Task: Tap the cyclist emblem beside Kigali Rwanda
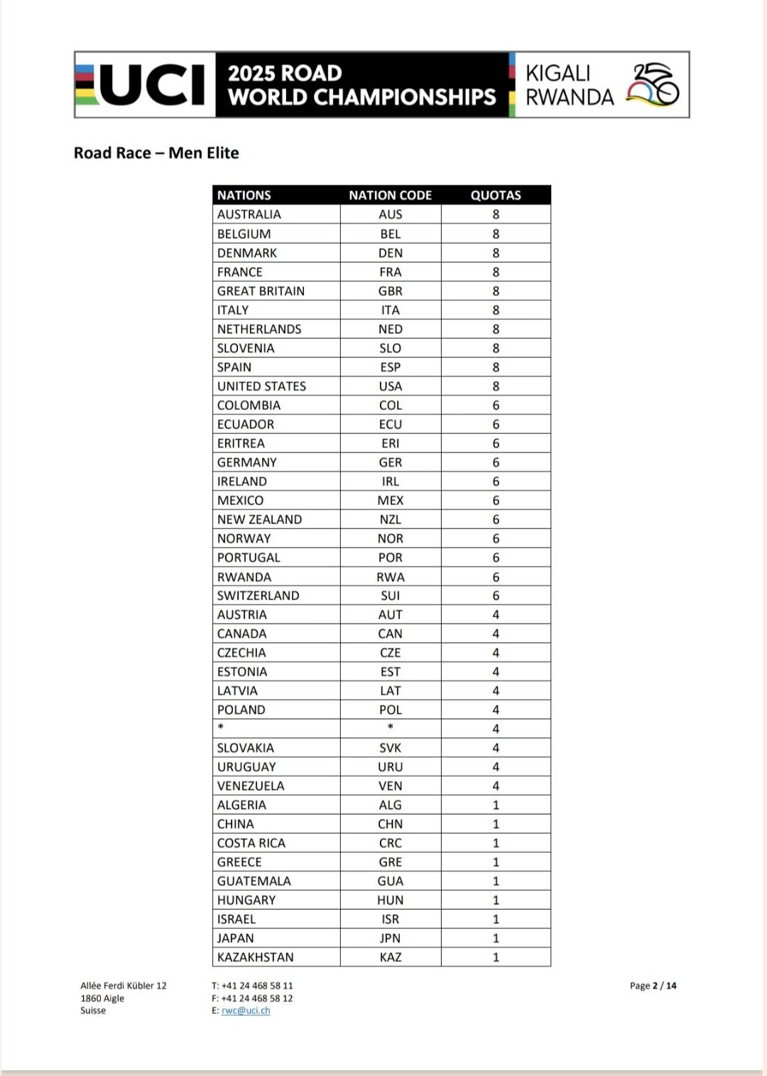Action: click(x=653, y=85)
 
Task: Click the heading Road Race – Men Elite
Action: click(x=156, y=153)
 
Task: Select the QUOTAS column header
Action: click(x=496, y=195)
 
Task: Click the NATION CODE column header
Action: click(x=390, y=195)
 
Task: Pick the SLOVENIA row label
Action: click(x=246, y=348)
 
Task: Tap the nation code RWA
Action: click(x=391, y=577)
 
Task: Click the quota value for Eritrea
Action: click(x=496, y=443)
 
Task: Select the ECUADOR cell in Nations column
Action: click(x=246, y=424)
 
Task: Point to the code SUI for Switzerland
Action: click(x=391, y=596)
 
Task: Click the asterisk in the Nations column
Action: click(x=221, y=727)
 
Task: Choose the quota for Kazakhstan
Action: click(x=496, y=957)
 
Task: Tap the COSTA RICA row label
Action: click(x=251, y=843)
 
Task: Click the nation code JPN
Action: click(x=391, y=938)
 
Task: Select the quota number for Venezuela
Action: click(x=496, y=786)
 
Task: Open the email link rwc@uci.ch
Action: click(x=246, y=1011)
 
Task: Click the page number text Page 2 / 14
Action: click(x=653, y=986)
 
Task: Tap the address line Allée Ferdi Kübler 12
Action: click(x=124, y=986)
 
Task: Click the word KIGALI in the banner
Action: click(x=558, y=73)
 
